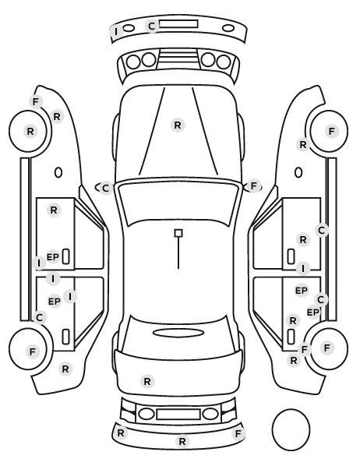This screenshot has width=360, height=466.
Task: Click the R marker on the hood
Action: point(178,125)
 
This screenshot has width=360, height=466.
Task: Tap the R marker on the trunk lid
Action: point(147,381)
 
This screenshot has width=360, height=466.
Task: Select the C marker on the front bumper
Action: point(152,26)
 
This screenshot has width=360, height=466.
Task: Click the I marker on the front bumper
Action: point(116,31)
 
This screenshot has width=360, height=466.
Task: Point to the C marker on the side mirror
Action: point(105,188)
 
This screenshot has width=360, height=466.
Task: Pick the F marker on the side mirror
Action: point(253,186)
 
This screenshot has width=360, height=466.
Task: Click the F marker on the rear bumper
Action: point(238,433)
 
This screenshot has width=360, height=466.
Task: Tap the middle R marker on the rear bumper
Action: point(182,441)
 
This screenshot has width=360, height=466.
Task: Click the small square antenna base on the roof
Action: point(178,233)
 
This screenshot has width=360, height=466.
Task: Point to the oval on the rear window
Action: point(178,333)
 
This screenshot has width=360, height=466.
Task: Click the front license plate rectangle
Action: point(178,24)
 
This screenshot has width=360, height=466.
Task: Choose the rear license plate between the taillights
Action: point(178,414)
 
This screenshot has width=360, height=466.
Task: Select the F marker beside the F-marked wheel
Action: point(304,349)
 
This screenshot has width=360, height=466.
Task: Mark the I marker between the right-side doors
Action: point(303,269)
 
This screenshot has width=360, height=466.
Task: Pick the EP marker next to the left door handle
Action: point(53,256)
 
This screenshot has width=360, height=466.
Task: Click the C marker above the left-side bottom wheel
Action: point(39,317)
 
